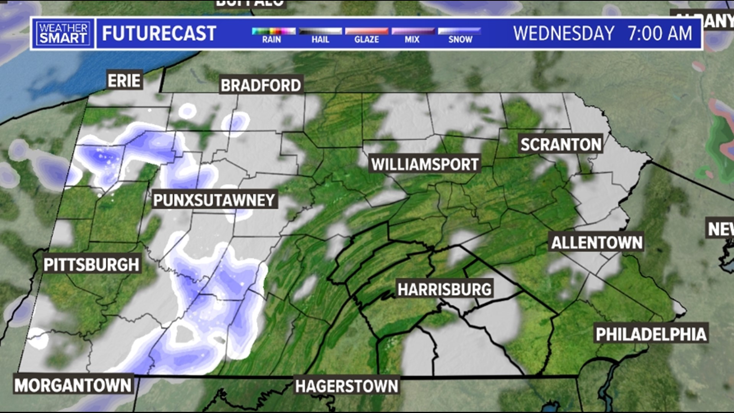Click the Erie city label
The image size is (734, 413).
[124, 81]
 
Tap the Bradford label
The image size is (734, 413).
[261, 85]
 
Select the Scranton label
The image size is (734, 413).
[561, 145]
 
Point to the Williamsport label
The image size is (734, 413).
[425, 164]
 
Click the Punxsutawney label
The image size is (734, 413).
[214, 200]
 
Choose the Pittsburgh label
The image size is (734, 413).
[91, 265]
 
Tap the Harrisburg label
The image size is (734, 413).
[444, 289]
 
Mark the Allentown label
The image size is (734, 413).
[597, 242]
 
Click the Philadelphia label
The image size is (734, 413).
[651, 334]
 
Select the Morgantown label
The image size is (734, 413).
[73, 385]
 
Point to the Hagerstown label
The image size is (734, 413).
[346, 386]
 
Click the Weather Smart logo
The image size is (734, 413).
[63, 33]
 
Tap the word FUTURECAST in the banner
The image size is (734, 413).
[159, 33]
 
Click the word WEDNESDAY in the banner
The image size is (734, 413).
[563, 33]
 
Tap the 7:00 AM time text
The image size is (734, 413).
[659, 33]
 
